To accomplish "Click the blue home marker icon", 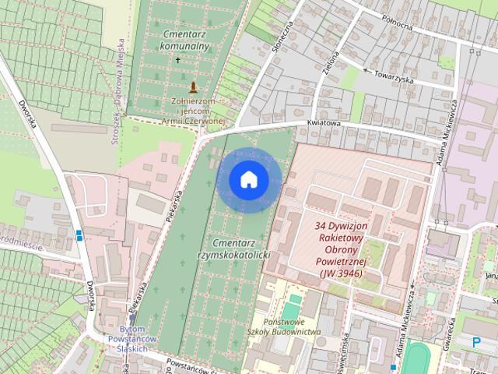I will click(249, 179).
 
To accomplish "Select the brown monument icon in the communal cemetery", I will click(193, 86).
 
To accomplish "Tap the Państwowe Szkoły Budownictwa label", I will click(286, 326).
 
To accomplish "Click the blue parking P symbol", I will click(477, 340).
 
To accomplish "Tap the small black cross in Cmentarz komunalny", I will click(177, 60).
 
